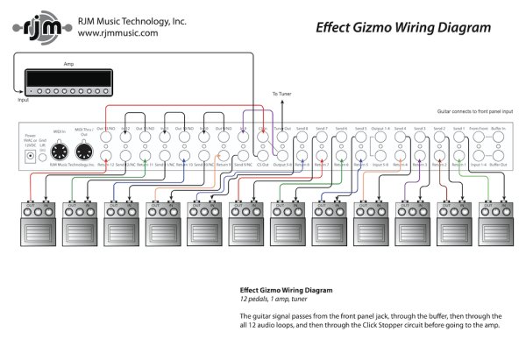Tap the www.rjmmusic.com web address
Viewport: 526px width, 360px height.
[117, 33]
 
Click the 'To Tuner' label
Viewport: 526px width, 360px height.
[281, 94]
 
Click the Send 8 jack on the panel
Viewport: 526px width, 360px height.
[302, 138]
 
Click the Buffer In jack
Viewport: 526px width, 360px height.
[498, 138]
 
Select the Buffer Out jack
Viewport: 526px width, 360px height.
[498, 156]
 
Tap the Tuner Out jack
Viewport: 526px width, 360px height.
[281, 138]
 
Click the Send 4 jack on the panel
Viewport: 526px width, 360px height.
[400, 138]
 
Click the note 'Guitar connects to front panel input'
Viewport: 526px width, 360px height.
[473, 112]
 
